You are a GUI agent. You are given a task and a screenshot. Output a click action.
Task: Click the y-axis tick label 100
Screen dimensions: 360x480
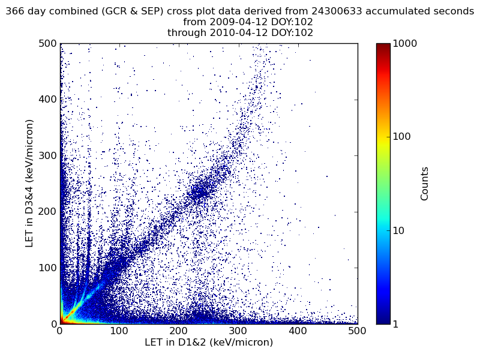coord(47,268)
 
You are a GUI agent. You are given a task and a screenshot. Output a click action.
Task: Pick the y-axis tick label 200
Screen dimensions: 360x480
coord(47,212)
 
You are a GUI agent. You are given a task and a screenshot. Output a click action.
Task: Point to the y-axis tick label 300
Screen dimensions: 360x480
coord(47,155)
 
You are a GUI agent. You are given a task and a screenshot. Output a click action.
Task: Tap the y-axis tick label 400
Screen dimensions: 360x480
coord(47,100)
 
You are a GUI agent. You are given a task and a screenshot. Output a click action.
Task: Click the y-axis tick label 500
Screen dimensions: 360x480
coord(47,44)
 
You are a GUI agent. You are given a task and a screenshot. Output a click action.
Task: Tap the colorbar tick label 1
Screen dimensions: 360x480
coord(397,324)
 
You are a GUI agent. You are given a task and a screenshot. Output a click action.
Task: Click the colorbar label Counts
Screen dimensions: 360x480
coord(425,184)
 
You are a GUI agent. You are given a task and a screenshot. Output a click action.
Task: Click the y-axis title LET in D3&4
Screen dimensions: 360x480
coord(29,183)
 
